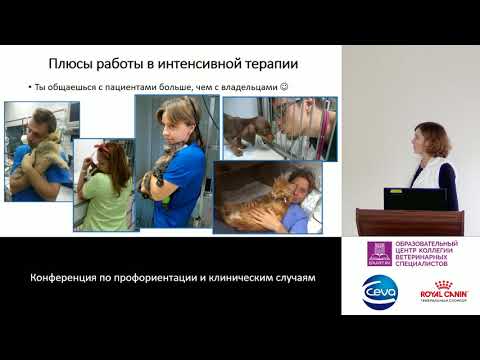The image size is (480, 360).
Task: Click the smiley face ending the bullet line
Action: click(x=283, y=87)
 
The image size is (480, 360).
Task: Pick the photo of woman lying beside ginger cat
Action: click(x=267, y=197)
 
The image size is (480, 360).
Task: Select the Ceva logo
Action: click(x=379, y=290)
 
